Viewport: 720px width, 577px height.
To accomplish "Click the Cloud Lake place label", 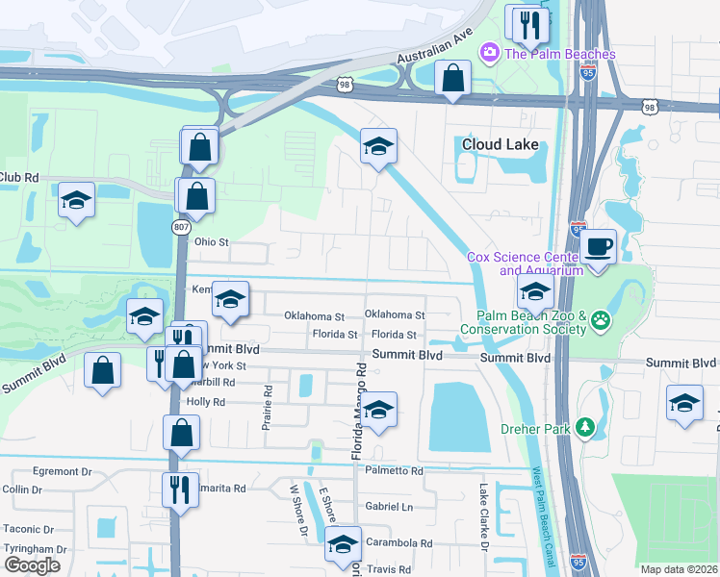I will point(498,144).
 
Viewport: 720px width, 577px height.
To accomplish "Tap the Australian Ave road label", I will point(435,46).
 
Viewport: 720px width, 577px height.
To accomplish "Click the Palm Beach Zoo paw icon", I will point(601,319).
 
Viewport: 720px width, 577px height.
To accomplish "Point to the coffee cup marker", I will point(598,247).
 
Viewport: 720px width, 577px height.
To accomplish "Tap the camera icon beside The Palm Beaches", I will point(489,52).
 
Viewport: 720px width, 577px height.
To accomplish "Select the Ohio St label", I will point(212,242).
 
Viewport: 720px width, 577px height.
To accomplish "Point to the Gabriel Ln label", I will point(388,507).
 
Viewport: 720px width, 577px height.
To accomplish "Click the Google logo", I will point(32,564).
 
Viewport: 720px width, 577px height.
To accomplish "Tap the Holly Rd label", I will point(205,402).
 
